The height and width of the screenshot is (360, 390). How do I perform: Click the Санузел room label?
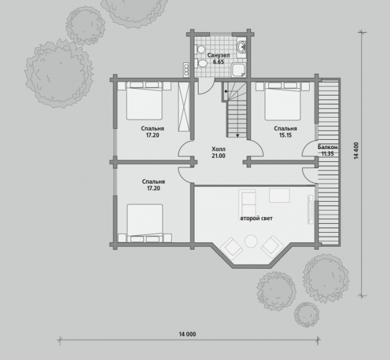point(218,55)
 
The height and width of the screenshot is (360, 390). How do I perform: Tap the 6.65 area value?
point(218,62)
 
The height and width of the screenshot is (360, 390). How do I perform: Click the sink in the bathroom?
point(241,47)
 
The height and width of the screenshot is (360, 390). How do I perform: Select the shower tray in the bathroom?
point(238,70)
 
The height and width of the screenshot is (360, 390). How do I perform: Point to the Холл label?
point(218,149)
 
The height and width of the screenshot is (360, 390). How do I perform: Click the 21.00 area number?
point(218,156)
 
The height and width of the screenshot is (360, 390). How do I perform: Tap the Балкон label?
point(328,147)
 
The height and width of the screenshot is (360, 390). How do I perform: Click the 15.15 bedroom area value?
point(285,135)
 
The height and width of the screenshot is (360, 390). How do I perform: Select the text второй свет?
point(256,218)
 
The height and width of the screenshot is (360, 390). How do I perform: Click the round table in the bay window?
point(251,241)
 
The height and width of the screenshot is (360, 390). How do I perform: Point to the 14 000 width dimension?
point(187,334)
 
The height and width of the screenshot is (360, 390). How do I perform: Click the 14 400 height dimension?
point(356,151)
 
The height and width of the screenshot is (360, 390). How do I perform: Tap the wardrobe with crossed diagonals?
point(184,107)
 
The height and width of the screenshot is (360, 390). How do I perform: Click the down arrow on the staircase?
point(238,136)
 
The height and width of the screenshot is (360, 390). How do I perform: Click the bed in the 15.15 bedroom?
point(283,101)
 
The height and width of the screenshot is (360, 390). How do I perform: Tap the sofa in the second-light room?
point(247,204)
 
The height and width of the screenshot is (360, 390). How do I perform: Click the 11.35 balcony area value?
point(328,154)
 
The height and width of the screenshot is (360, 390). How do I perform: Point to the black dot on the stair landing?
point(226,91)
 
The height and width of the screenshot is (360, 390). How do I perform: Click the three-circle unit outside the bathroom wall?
point(186,70)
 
